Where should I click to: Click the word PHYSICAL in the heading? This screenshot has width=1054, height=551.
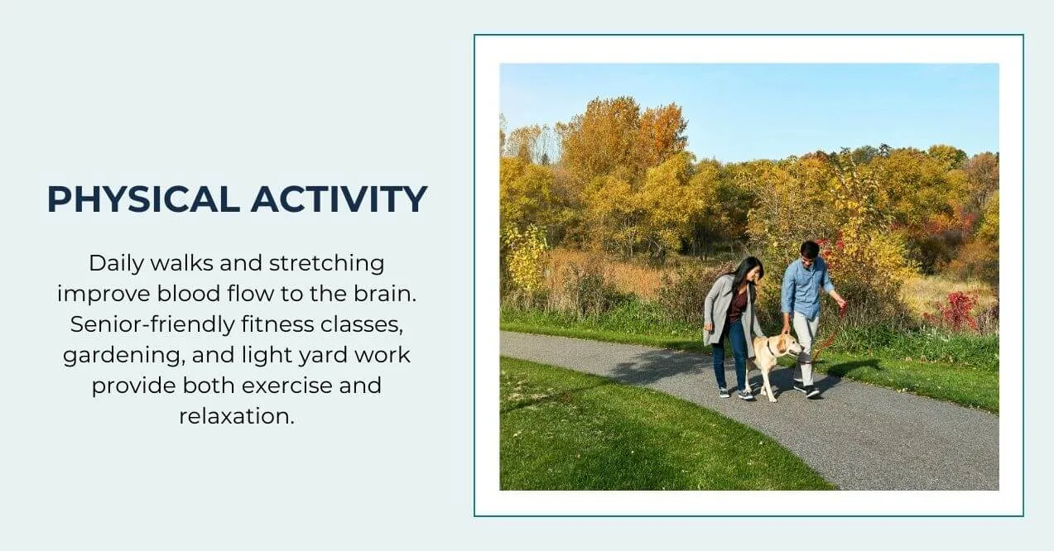[143, 199]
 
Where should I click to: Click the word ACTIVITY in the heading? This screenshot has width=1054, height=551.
[339, 199]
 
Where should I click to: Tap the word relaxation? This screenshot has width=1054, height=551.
[237, 416]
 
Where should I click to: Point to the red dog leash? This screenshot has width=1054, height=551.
[831, 334]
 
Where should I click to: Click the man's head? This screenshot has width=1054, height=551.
[809, 249]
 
